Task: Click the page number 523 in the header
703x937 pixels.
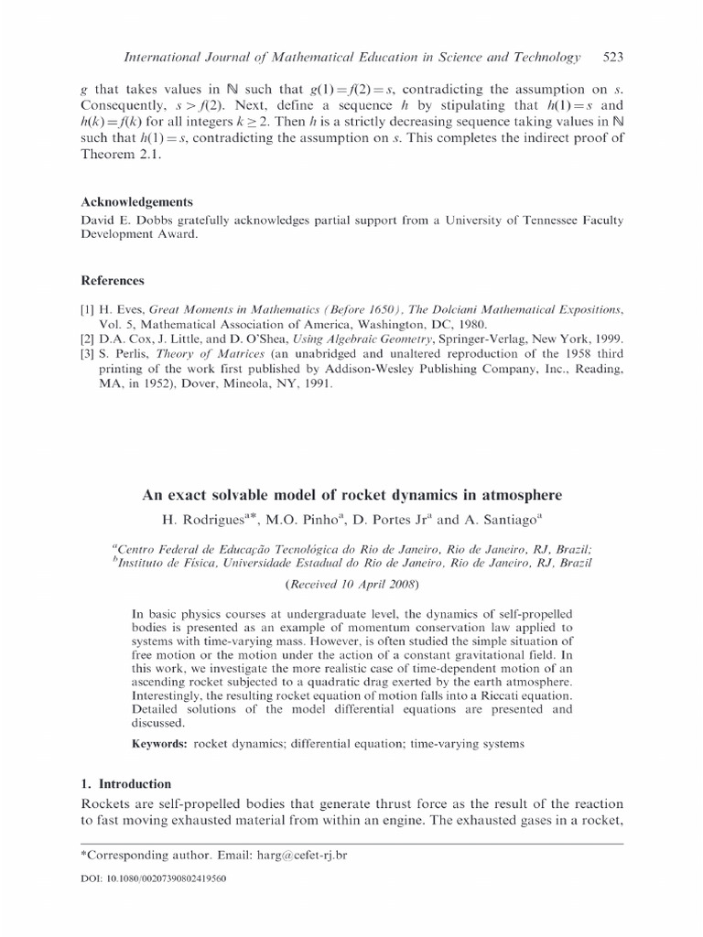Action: pos(612,58)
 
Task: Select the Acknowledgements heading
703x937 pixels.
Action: pos(137,202)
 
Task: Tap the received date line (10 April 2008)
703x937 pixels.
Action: pos(351,583)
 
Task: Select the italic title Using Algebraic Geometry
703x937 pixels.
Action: pos(308,339)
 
